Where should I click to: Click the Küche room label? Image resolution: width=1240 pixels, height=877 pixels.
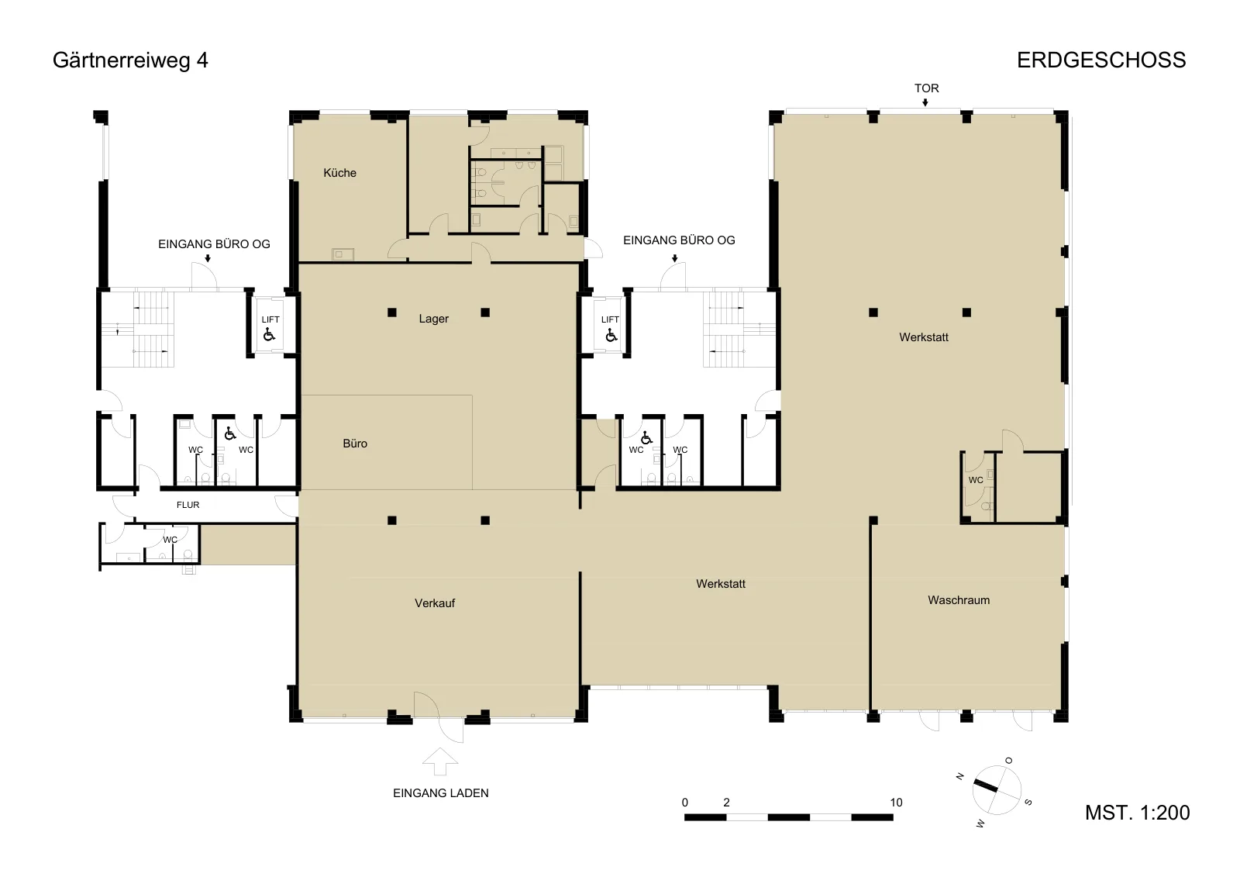click(339, 173)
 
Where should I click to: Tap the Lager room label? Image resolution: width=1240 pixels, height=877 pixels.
click(433, 319)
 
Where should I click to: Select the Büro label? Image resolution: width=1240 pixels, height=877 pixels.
click(355, 444)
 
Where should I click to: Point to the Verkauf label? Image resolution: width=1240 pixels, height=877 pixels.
click(435, 603)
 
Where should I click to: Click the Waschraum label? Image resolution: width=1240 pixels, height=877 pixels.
click(959, 600)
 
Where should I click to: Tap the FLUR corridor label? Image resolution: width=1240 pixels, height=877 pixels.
click(188, 505)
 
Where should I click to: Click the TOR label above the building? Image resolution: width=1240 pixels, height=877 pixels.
click(927, 88)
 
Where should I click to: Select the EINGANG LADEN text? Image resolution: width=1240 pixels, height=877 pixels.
click(441, 793)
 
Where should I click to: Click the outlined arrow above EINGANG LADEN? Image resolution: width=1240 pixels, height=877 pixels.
click(440, 761)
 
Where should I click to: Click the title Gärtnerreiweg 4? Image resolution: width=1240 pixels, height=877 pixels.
click(130, 60)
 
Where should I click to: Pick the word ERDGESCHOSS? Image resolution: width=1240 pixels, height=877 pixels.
click(1101, 60)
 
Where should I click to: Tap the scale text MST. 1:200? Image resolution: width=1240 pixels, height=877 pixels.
click(1137, 813)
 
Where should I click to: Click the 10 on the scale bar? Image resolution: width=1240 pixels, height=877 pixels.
click(896, 803)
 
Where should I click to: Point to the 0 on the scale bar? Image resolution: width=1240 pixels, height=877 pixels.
click(685, 803)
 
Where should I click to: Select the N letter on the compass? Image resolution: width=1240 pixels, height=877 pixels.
click(960, 777)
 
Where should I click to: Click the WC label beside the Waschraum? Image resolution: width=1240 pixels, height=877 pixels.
click(976, 480)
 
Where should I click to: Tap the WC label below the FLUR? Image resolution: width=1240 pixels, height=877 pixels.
click(170, 540)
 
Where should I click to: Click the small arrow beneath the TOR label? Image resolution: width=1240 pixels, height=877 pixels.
click(925, 102)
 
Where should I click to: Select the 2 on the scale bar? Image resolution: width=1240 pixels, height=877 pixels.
click(726, 803)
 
